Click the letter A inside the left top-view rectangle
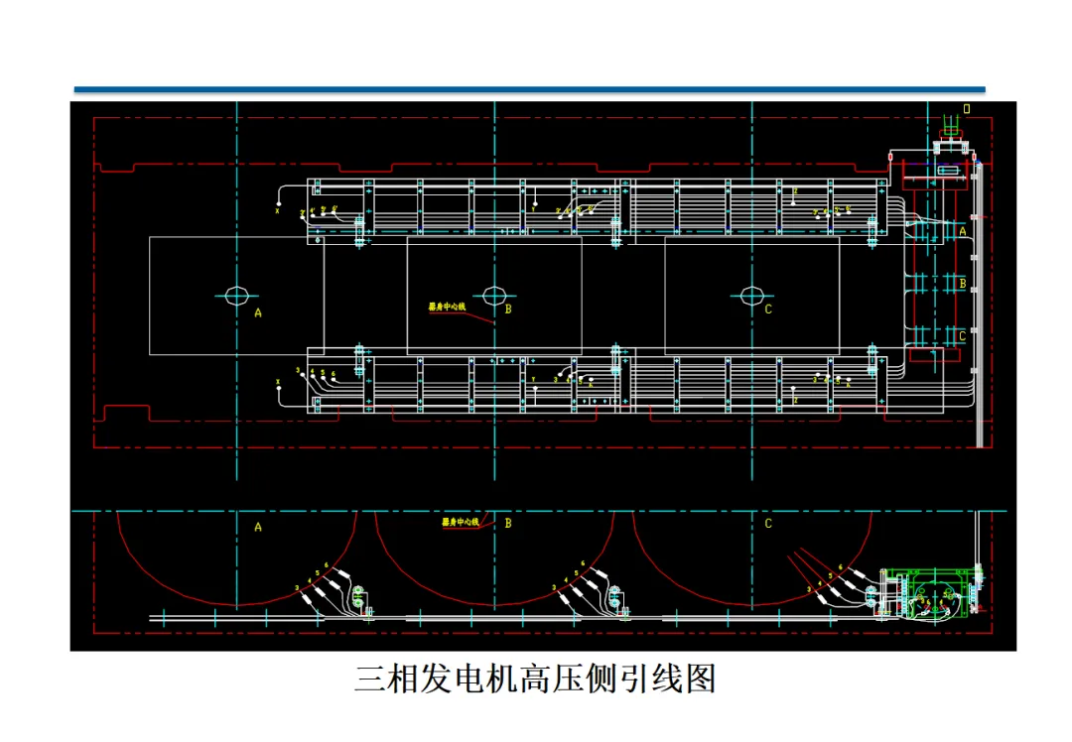click(258, 311)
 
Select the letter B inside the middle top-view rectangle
click(508, 309)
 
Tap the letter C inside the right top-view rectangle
click(768, 309)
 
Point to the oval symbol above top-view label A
click(236, 295)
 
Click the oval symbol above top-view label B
click(494, 295)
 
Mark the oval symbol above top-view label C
click(751, 295)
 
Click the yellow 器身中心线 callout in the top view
click(447, 308)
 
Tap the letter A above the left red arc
click(258, 527)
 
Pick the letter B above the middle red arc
click(508, 523)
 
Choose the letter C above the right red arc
click(768, 524)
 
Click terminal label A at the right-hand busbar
click(962, 230)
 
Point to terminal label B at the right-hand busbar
click(962, 283)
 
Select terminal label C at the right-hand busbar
click(962, 336)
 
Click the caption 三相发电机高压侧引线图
click(535, 680)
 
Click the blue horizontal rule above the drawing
click(529, 90)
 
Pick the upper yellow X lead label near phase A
click(278, 210)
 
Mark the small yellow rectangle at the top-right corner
click(967, 107)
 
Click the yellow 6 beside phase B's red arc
click(583, 564)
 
